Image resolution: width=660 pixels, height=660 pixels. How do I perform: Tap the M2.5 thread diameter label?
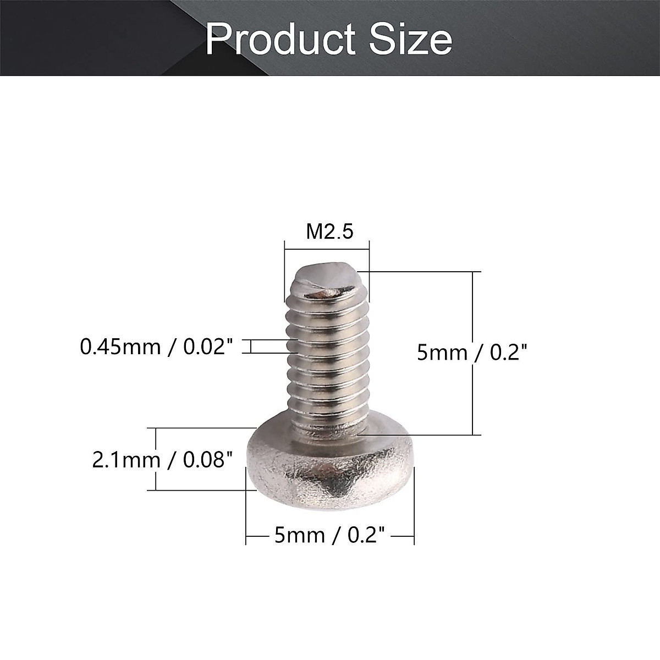click(x=329, y=232)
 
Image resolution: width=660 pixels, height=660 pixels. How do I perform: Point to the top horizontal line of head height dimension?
click(x=204, y=428)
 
